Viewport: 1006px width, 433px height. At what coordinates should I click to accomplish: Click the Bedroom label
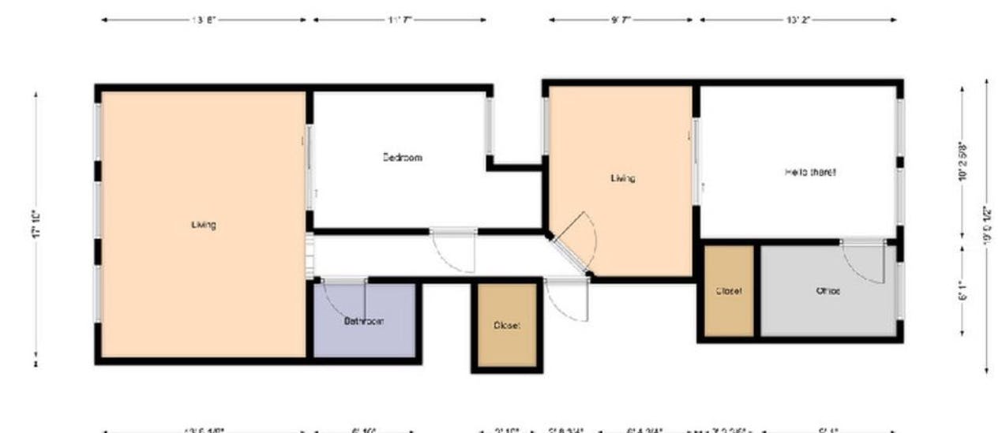[x=403, y=157]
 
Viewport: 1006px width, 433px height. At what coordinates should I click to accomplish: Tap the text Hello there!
[x=810, y=172]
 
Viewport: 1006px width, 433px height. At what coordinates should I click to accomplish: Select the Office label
[x=828, y=290]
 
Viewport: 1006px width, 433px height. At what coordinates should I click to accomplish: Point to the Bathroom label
[x=364, y=321]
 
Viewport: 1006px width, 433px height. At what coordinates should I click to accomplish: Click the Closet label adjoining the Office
[x=728, y=290]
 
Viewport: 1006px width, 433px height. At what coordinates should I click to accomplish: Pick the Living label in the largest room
[x=204, y=225]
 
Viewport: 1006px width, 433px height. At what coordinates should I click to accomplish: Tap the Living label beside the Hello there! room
[x=623, y=178]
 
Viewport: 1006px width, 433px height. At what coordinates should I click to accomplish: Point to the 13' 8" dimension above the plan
[x=204, y=20]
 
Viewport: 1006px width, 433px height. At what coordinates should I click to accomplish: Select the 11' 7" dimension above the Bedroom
[x=400, y=20]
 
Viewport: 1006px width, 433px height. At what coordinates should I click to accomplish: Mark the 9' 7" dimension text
[x=621, y=20]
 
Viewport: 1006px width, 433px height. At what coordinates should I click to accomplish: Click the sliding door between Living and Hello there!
[x=696, y=162]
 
